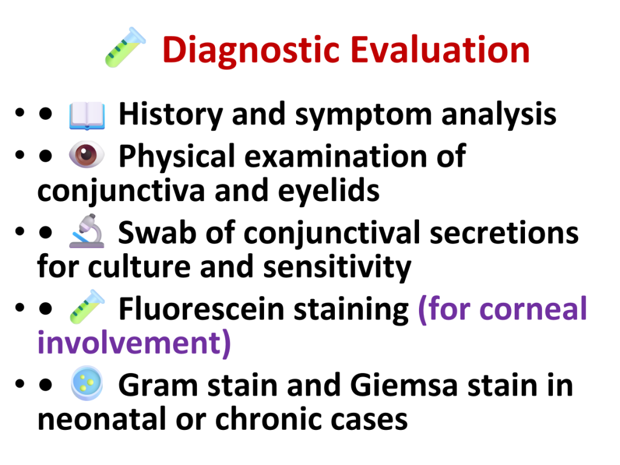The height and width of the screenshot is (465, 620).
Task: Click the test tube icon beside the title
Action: (125, 47)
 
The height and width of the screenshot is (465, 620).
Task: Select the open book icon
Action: (87, 116)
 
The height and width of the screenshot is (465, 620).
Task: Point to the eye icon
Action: (87, 154)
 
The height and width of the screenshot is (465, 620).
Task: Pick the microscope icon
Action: (87, 231)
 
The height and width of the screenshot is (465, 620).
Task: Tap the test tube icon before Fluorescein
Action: (87, 307)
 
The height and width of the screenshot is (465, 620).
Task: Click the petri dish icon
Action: (87, 383)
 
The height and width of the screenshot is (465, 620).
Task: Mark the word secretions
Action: (504, 233)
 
